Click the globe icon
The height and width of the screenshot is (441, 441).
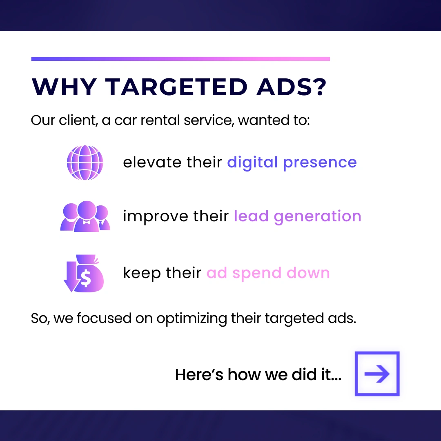click(x=85, y=163)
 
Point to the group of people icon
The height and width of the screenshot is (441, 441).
click(x=85, y=216)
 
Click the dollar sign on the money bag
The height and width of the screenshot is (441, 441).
click(x=85, y=278)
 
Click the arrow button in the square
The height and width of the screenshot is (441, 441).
click(x=377, y=374)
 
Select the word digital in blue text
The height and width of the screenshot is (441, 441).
click(x=252, y=163)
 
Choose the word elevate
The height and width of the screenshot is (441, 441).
click(x=152, y=162)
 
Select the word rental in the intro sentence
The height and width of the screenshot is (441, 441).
click(x=160, y=120)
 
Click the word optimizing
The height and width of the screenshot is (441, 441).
click(x=192, y=319)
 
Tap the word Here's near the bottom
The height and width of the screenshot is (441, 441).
click(x=199, y=374)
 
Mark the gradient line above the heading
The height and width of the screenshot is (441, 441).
click(x=180, y=59)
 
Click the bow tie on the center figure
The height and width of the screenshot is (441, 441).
click(x=86, y=222)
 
